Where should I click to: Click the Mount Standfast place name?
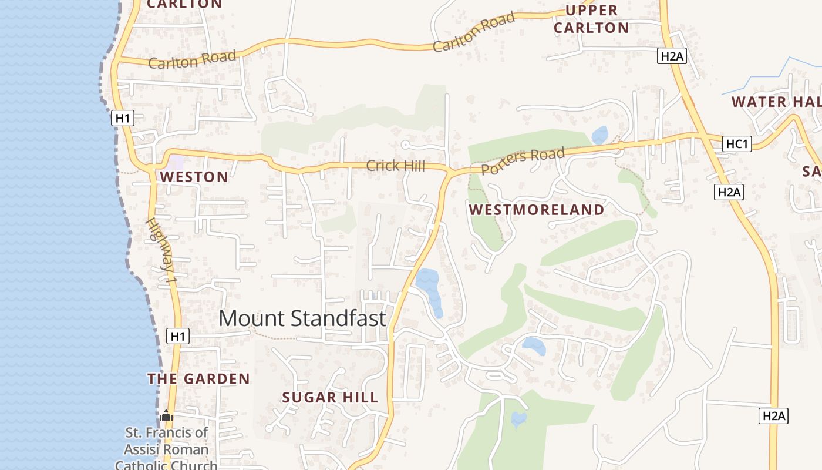click(x=302, y=318)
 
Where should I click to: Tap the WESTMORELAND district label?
click(x=537, y=210)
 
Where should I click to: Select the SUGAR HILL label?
click(x=330, y=397)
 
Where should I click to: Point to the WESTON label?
click(x=194, y=177)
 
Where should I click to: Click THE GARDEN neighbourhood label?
click(x=198, y=379)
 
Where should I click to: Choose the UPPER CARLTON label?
click(x=591, y=19)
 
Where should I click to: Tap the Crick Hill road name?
click(x=395, y=166)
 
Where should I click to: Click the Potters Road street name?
click(x=523, y=161)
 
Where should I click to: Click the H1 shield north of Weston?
click(x=122, y=118)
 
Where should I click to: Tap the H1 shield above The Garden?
click(x=178, y=336)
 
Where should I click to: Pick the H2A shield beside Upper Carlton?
click(x=672, y=56)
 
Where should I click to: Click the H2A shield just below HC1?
click(x=729, y=192)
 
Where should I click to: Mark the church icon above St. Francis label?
click(x=166, y=416)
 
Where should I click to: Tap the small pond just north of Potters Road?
click(x=599, y=135)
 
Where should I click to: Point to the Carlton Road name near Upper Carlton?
click(x=474, y=32)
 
